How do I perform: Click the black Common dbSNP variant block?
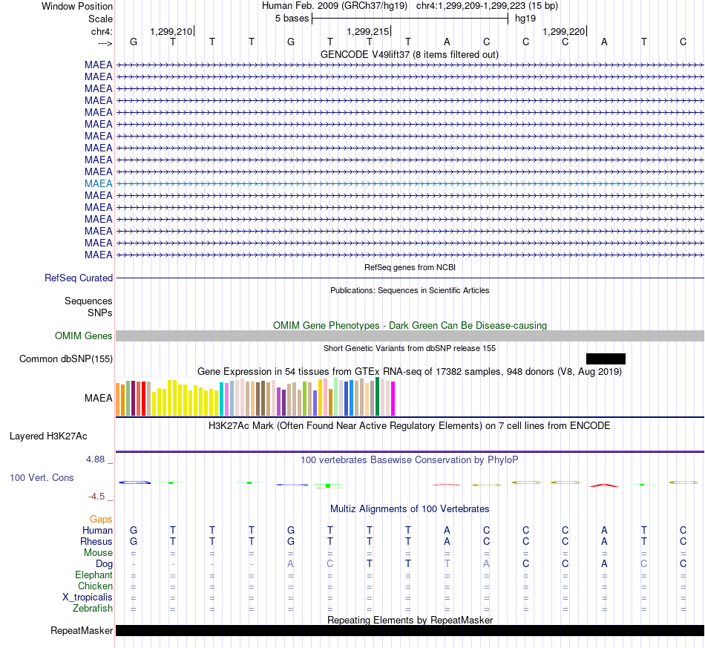pyautogui.click(x=606, y=359)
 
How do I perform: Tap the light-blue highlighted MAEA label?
pyautogui.click(x=99, y=183)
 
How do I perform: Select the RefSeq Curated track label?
pyautogui.click(x=79, y=278)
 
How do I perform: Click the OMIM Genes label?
pyautogui.click(x=84, y=336)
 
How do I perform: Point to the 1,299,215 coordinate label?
pyautogui.click(x=368, y=31)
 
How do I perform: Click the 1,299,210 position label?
pyautogui.click(x=171, y=31)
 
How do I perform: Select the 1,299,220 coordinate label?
pyautogui.click(x=564, y=31)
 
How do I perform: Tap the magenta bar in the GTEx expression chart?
pyautogui.click(x=393, y=399)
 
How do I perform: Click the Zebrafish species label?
pyautogui.click(x=93, y=609)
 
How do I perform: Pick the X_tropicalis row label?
pyautogui.click(x=88, y=598)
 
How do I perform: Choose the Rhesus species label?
pyautogui.click(x=96, y=541)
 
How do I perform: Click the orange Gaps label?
pyautogui.click(x=101, y=520)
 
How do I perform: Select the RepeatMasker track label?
pyautogui.click(x=82, y=630)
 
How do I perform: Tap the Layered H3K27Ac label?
pyautogui.click(x=48, y=436)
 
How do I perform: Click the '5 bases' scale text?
pyautogui.click(x=292, y=19)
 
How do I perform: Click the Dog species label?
pyautogui.click(x=104, y=564)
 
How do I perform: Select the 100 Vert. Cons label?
pyautogui.click(x=42, y=477)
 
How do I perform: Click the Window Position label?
pyautogui.click(x=77, y=6)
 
